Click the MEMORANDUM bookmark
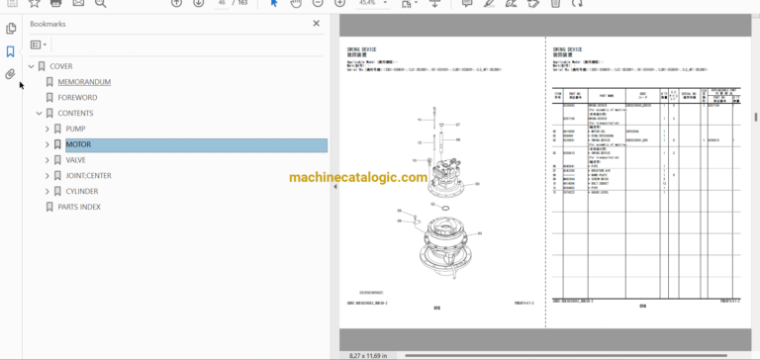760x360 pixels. (x=84, y=82)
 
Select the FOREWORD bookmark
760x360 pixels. (x=77, y=98)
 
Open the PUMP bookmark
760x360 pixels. (x=75, y=129)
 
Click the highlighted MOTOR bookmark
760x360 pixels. (x=78, y=144)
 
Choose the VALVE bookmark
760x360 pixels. (x=76, y=159)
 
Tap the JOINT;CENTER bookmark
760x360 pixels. (x=90, y=175)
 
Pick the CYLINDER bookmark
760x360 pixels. (x=82, y=191)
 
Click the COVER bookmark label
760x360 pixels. (x=61, y=66)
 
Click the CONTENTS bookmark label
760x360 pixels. (x=75, y=114)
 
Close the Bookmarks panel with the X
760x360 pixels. (x=317, y=23)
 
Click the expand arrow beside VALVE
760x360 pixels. (x=47, y=160)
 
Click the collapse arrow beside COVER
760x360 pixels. (x=31, y=66)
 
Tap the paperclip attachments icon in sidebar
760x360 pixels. (x=10, y=74)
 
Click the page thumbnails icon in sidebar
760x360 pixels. (x=10, y=29)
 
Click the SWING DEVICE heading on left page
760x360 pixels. (x=362, y=48)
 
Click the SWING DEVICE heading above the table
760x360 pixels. (x=568, y=48)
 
